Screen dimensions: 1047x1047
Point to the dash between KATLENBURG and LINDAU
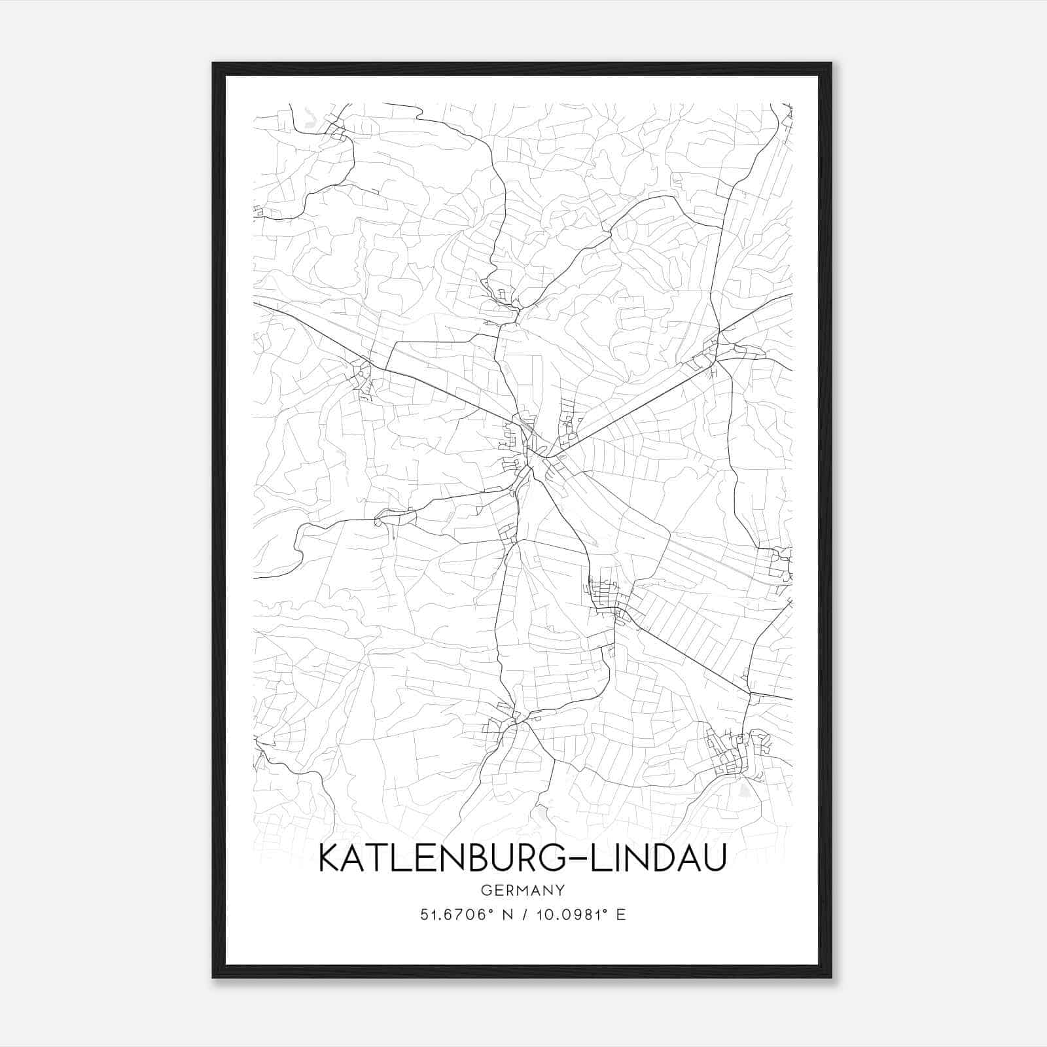(577, 859)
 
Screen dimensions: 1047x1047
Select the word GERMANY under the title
(522, 890)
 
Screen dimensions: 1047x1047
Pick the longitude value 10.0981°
(568, 914)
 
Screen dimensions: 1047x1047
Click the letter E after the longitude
(620, 914)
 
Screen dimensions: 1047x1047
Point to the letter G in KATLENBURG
(552, 858)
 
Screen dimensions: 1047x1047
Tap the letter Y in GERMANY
(560, 890)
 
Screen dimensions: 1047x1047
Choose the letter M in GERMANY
(516, 890)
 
